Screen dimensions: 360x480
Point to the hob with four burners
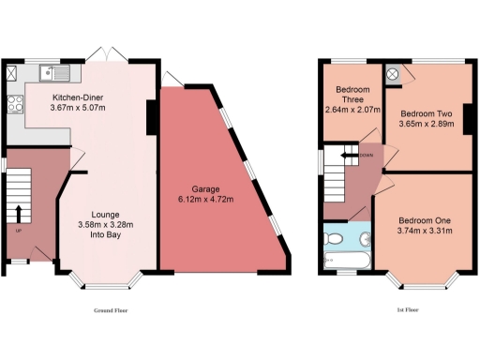15,103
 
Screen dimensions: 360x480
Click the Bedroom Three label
352,95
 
